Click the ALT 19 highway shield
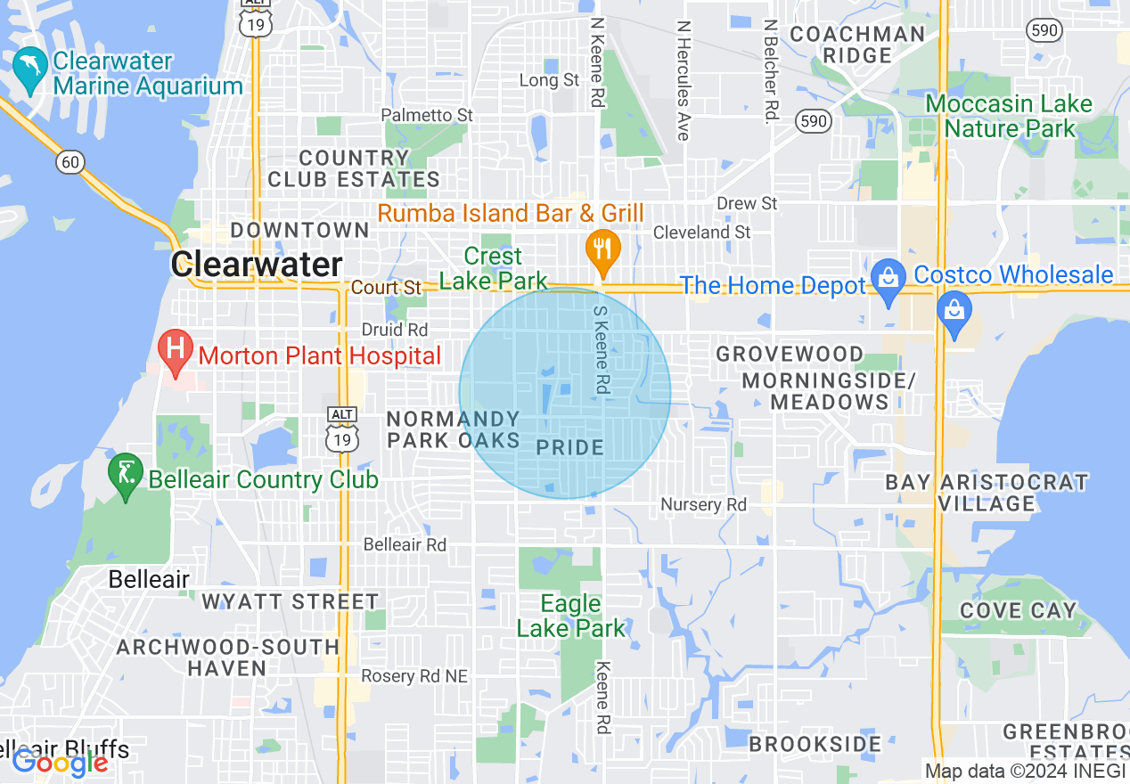[341, 431]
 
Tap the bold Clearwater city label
[257, 265]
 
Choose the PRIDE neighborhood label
[570, 447]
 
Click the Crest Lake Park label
[493, 268]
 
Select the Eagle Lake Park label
[571, 616]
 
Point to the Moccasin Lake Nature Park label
[1009, 116]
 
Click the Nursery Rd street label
[703, 504]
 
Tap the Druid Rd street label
[394, 330]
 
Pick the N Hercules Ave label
[684, 80]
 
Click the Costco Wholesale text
[1013, 274]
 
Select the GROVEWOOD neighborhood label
[790, 354]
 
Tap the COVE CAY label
[1018, 610]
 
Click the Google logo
[60, 763]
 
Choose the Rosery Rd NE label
[414, 676]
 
